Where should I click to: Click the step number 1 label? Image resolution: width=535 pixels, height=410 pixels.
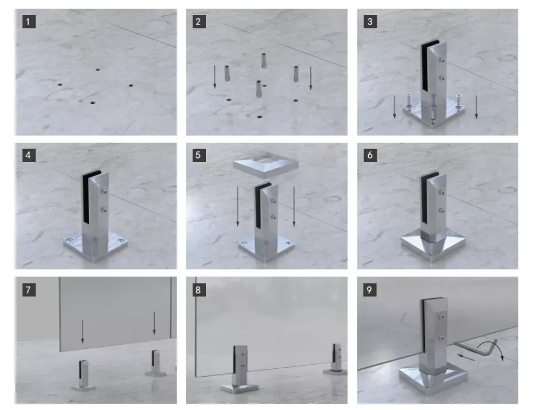[29, 21]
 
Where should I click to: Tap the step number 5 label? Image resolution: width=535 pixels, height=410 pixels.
[199, 155]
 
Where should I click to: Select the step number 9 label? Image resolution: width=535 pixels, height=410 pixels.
[370, 290]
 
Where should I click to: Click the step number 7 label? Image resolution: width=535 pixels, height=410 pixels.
[29, 290]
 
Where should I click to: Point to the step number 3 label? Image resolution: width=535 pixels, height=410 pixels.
[370, 21]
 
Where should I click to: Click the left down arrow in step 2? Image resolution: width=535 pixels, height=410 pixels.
[214, 77]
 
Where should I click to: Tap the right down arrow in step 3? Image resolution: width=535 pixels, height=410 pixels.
[477, 107]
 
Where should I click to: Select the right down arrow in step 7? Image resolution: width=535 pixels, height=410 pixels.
[154, 323]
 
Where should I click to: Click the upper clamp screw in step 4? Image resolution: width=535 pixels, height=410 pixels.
[104, 192]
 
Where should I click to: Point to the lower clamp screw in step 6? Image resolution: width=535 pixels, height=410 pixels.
[442, 210]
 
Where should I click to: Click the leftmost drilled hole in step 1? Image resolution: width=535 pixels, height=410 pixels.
[60, 84]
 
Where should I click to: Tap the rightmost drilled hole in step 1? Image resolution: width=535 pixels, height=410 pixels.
[131, 85]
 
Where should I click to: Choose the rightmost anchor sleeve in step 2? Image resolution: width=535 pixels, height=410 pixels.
[296, 74]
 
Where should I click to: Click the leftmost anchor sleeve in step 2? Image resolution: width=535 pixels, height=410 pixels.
[227, 73]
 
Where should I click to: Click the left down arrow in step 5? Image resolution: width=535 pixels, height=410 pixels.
[238, 206]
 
